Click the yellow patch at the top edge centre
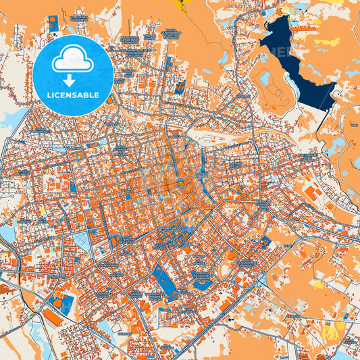[x=181, y=5]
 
